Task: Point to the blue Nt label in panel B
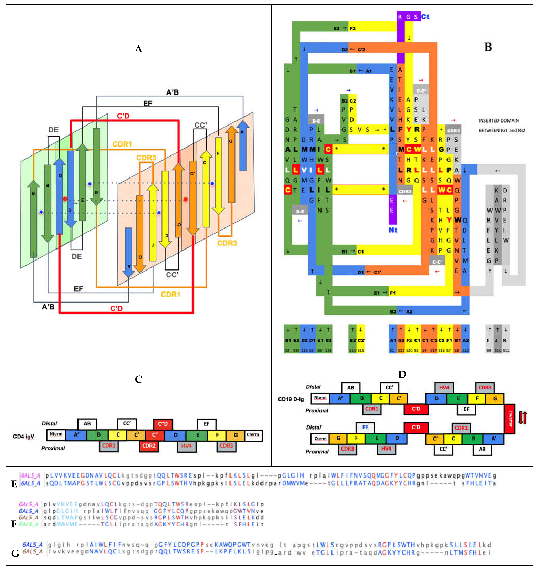coord(393,230)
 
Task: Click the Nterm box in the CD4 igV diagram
coord(56,435)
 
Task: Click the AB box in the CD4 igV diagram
coord(87,424)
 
